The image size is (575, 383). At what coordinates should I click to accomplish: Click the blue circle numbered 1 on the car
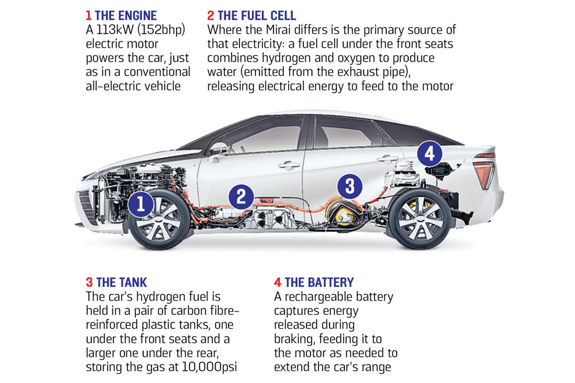pos(141,204)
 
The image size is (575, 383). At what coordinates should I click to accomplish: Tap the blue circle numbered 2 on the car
pos(241,197)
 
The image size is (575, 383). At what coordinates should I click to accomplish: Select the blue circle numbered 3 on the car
pos(350,186)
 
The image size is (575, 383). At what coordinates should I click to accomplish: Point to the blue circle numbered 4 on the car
pos(430,154)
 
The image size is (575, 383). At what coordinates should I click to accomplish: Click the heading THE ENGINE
pos(126,16)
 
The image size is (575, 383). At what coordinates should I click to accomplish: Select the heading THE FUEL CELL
pos(257,16)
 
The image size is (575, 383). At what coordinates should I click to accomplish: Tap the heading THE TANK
pos(121,282)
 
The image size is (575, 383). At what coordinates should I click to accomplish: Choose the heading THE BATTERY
pos(319,282)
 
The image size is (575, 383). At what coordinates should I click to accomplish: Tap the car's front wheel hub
pos(159,220)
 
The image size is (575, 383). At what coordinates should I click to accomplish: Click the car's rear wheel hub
pos(420,219)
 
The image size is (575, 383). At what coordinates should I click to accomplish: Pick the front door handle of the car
pos(289,165)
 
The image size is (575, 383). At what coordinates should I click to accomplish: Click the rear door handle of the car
pos(388,159)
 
